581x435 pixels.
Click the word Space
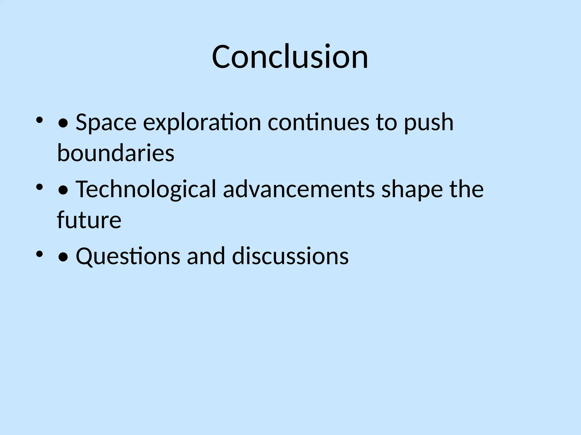click(106, 122)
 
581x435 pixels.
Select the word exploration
click(202, 122)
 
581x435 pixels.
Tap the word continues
click(318, 122)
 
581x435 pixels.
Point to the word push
click(428, 122)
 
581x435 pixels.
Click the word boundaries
click(116, 153)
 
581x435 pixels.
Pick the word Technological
click(146, 189)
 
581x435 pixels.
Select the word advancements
click(299, 189)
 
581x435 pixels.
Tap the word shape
click(412, 189)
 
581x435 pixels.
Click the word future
click(89, 220)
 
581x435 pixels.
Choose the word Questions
click(128, 256)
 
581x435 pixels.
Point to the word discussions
click(290, 256)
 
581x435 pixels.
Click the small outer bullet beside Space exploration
click(39, 120)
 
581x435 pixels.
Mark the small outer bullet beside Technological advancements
click(39, 187)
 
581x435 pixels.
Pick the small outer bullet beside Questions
click(39, 254)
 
